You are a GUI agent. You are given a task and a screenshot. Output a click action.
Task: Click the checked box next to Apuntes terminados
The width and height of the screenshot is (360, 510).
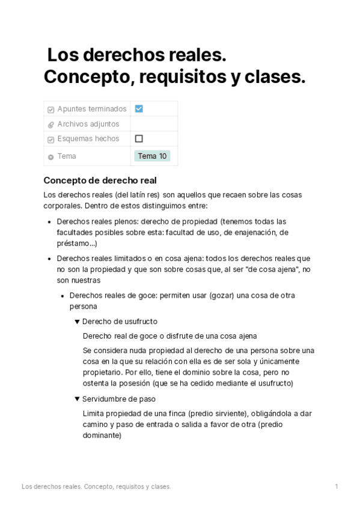139,109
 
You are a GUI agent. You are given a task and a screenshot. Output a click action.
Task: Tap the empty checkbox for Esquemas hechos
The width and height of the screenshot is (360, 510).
139,138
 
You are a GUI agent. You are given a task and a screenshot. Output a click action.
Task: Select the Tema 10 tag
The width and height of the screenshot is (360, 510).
152,156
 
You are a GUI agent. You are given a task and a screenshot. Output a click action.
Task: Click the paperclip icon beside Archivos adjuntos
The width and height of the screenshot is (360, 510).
50,124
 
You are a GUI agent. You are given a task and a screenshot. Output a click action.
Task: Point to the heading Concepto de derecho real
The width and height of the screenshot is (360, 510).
100,180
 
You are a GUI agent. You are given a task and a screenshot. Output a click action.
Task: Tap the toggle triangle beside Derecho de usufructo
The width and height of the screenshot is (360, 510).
77,321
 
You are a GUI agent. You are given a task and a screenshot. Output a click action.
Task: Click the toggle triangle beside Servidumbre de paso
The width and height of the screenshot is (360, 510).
77,399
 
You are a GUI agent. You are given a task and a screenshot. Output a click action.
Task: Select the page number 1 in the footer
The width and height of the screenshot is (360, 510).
337,486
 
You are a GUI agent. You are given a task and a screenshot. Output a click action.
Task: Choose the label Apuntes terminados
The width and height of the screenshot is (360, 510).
92,109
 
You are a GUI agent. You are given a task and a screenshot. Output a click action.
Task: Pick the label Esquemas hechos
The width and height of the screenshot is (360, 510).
88,139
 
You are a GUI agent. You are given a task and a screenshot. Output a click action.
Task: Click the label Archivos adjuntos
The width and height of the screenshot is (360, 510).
88,124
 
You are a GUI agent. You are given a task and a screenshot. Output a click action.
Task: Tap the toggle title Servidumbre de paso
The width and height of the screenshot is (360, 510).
119,399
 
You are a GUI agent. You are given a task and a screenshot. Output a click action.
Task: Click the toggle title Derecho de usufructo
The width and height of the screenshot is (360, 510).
120,321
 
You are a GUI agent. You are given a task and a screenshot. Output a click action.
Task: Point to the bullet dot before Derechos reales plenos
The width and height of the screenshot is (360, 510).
49,221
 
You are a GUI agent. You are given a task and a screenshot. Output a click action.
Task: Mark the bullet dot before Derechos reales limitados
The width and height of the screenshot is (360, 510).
49,259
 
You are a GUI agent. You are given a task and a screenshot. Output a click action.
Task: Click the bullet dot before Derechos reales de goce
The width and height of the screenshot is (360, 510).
62,296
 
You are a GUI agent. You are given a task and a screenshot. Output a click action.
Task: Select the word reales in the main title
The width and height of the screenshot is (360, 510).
194,56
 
